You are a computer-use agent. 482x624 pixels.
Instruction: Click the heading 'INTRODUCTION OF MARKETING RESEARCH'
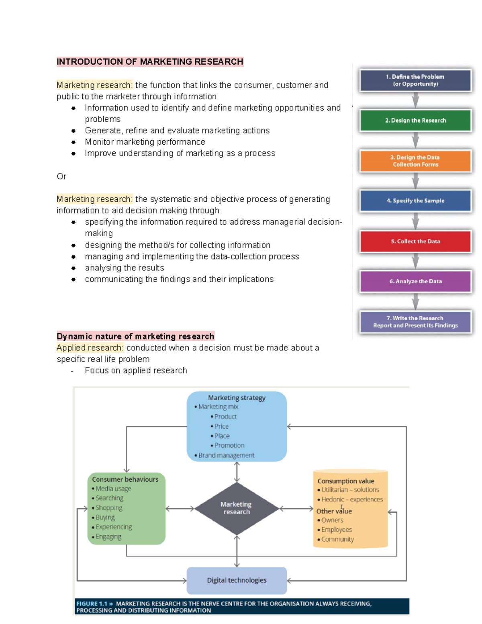pos(150,62)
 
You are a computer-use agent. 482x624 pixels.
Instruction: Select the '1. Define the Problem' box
pos(415,80)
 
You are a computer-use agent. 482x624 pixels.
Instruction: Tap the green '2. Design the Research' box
pos(415,121)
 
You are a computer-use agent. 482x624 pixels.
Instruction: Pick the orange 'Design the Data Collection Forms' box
pos(415,161)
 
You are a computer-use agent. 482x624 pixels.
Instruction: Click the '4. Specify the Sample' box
pos(415,200)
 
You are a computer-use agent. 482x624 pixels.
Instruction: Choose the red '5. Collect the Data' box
pos(415,241)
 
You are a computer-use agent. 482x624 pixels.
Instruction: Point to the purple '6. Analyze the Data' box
pos(415,281)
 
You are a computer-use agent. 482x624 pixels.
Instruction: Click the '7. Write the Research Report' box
pos(415,322)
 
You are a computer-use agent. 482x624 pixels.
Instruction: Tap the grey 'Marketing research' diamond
pos(237,508)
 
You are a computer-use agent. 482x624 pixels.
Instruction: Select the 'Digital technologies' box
pos(237,580)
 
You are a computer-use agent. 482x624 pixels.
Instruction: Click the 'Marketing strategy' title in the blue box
pos(237,398)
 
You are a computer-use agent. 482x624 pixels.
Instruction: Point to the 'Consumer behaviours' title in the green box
pos(125,479)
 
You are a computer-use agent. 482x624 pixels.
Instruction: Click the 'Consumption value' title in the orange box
pos(345,481)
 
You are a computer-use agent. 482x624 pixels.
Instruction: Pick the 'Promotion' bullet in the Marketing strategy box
pos(229,446)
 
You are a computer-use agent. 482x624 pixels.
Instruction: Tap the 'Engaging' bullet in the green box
pos(108,537)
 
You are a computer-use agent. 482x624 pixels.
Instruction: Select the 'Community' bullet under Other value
pos(337,539)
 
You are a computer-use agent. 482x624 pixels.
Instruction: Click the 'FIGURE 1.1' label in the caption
pos(92,604)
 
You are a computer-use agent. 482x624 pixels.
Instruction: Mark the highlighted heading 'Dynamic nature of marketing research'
pos(135,336)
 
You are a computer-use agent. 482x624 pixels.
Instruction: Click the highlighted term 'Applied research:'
pos(90,348)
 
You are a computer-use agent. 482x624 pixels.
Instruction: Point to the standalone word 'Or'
pos(61,176)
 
